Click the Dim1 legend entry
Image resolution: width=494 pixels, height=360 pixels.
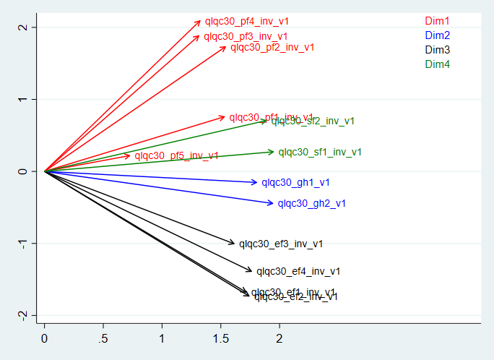[437, 21]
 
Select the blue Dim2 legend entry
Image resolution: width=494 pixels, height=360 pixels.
[437, 35]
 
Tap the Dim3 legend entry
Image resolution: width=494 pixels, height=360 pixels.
[437, 50]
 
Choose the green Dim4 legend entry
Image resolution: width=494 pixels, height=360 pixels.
[437, 64]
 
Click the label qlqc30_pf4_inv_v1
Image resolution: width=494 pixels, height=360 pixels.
[247, 22]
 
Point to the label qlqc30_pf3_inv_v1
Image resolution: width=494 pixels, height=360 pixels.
[246, 36]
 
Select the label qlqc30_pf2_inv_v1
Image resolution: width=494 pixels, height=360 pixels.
[272, 48]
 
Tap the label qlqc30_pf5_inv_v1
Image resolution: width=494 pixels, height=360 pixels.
[176, 155]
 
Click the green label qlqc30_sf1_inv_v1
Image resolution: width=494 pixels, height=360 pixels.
[320, 152]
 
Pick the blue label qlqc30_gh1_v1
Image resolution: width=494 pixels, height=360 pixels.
[295, 183]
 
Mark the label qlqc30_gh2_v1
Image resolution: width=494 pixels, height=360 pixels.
[311, 203]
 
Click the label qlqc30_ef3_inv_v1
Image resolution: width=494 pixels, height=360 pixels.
[281, 244]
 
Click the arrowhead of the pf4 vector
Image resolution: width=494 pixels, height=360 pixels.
[201, 20]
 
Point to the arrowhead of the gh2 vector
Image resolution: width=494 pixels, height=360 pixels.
[273, 203]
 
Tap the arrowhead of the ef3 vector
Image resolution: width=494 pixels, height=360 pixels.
[235, 244]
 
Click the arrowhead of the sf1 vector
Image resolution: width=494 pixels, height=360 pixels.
[274, 152]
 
